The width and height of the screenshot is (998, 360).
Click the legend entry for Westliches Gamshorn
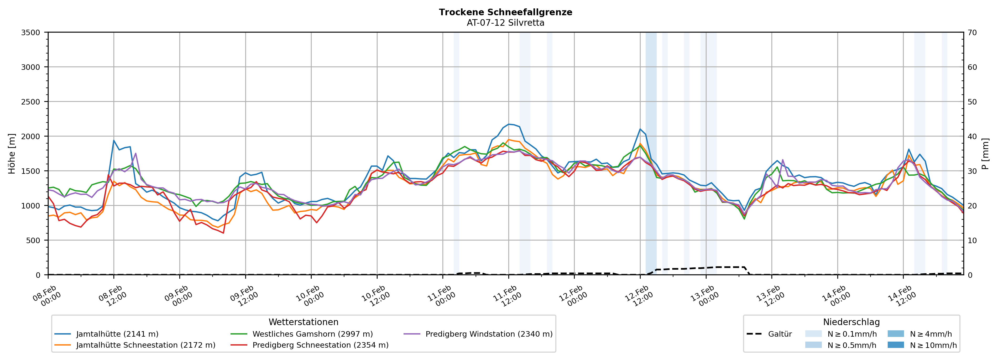tap(312, 334)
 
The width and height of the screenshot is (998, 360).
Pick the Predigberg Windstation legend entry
tap(489, 334)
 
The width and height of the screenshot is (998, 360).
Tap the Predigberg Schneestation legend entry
tap(320, 345)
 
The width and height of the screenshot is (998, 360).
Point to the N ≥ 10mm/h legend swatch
tap(895, 345)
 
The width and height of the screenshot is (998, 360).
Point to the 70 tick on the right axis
tap(972, 33)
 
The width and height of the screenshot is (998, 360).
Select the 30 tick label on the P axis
tap(972, 171)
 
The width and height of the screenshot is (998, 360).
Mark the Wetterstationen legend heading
tap(303, 322)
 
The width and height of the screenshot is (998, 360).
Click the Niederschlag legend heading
tap(851, 322)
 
